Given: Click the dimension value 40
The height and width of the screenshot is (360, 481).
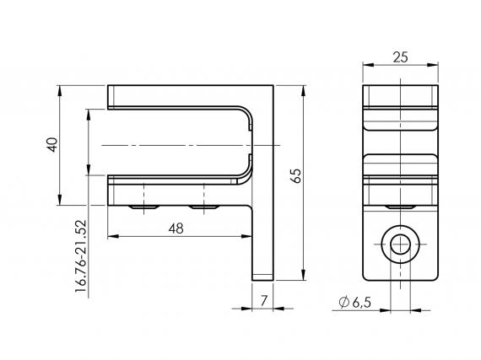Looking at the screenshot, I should (x=52, y=144).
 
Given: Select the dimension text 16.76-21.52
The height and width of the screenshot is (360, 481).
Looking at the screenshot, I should (x=81, y=256).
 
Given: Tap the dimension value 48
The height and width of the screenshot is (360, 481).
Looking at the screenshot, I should (x=176, y=228).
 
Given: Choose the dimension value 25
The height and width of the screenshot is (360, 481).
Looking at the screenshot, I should (x=401, y=56).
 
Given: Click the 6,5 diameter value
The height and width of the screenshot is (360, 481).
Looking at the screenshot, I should (x=361, y=302).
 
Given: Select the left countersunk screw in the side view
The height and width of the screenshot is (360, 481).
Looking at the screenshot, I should (x=143, y=206).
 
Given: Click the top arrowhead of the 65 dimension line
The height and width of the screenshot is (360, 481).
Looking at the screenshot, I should (x=302, y=89).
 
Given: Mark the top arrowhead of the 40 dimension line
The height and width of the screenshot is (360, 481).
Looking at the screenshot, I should (x=60, y=89).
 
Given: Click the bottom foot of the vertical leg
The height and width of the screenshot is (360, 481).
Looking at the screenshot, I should (x=262, y=275).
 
